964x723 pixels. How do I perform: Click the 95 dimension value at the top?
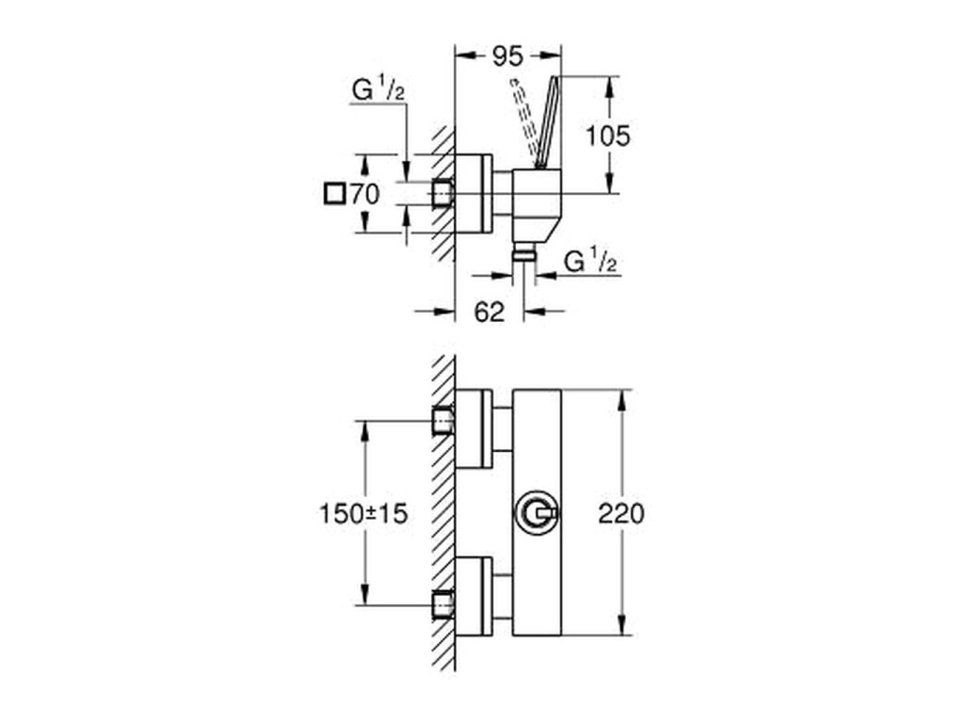[x=507, y=56]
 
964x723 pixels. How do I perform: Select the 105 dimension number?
[x=607, y=136]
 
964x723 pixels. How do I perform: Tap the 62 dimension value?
[x=490, y=312]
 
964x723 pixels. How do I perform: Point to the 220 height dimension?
[x=621, y=513]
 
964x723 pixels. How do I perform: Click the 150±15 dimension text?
[x=363, y=513]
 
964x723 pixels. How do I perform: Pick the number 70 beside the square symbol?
[x=364, y=194]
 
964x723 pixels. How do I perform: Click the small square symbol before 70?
[x=334, y=194]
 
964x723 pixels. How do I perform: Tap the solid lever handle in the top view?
[x=547, y=121]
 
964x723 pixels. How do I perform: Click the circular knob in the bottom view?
[x=537, y=513]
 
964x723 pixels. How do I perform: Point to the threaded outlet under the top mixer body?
[x=523, y=251]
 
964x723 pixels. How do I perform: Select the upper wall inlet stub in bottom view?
[x=443, y=421]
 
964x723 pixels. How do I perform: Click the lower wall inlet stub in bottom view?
[x=443, y=604]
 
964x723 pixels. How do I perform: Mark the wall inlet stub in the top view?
[x=443, y=194]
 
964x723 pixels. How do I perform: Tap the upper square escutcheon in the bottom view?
[x=474, y=428]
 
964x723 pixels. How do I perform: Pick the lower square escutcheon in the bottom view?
[x=474, y=596]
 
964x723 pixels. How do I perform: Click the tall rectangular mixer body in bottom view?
[x=537, y=512]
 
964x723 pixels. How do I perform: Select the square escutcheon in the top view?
[x=474, y=194]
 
